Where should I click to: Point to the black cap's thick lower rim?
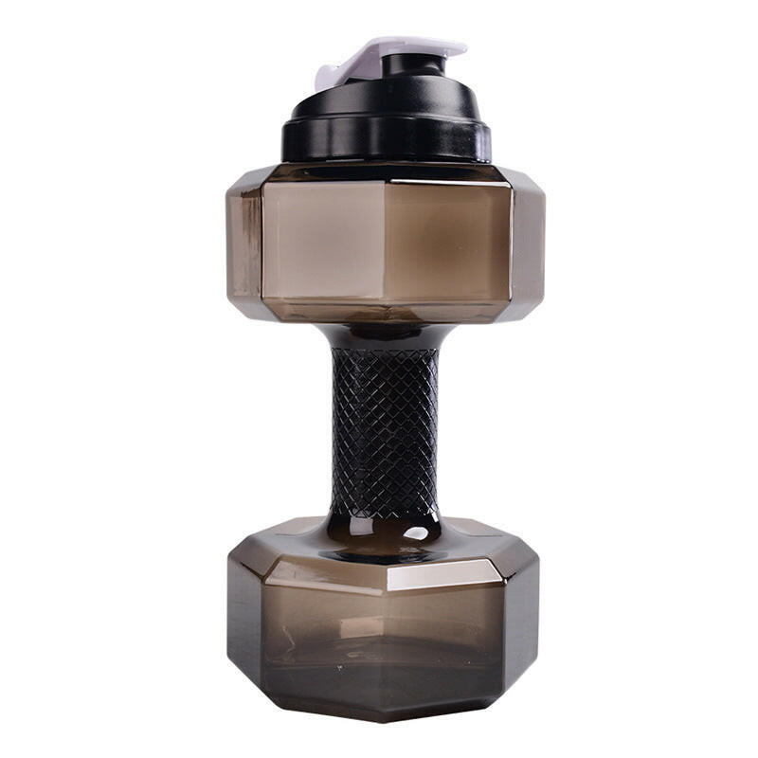click(x=386, y=141)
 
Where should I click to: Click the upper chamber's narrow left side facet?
click(x=244, y=242)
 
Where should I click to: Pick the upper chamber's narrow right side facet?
click(x=528, y=242)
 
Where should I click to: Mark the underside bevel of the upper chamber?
click(x=386, y=310)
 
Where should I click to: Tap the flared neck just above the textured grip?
click(x=385, y=336)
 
